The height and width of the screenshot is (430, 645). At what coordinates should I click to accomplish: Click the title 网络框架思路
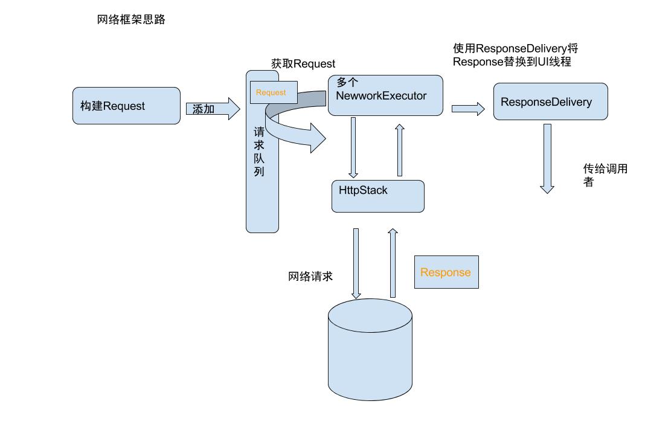pos(131,20)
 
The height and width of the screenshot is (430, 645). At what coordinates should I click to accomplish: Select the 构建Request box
pos(126,106)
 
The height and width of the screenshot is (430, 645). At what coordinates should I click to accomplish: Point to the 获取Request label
pos(303,64)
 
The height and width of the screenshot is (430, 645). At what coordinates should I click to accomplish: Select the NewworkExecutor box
pos(385,95)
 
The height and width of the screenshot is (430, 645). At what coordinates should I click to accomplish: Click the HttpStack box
pos(377,196)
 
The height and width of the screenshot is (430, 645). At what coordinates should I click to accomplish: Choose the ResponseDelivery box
pos(550,101)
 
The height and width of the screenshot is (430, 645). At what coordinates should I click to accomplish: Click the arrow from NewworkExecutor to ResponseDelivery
pos(468,109)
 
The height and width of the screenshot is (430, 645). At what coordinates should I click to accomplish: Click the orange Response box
pos(446,272)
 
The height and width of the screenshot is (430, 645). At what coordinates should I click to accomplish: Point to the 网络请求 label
pos(310,277)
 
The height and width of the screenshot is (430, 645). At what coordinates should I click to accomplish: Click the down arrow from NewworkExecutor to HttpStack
pos(354,147)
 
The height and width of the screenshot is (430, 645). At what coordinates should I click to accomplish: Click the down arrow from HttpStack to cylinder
pos(356,263)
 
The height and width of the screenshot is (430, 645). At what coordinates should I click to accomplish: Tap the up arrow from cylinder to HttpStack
pos(393,263)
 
